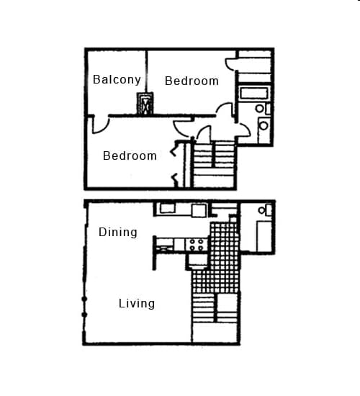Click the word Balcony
click(x=116, y=79)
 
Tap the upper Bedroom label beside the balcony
click(x=192, y=81)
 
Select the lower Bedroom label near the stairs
click(x=130, y=156)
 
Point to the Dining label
click(x=118, y=232)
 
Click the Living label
click(x=137, y=303)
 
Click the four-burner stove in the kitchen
click(x=197, y=244)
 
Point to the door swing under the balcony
click(x=101, y=123)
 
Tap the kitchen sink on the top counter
click(x=168, y=209)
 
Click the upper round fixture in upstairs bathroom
click(x=259, y=109)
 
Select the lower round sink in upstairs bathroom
click(x=263, y=125)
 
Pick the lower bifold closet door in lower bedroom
click(x=174, y=177)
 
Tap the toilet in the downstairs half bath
click(x=269, y=210)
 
